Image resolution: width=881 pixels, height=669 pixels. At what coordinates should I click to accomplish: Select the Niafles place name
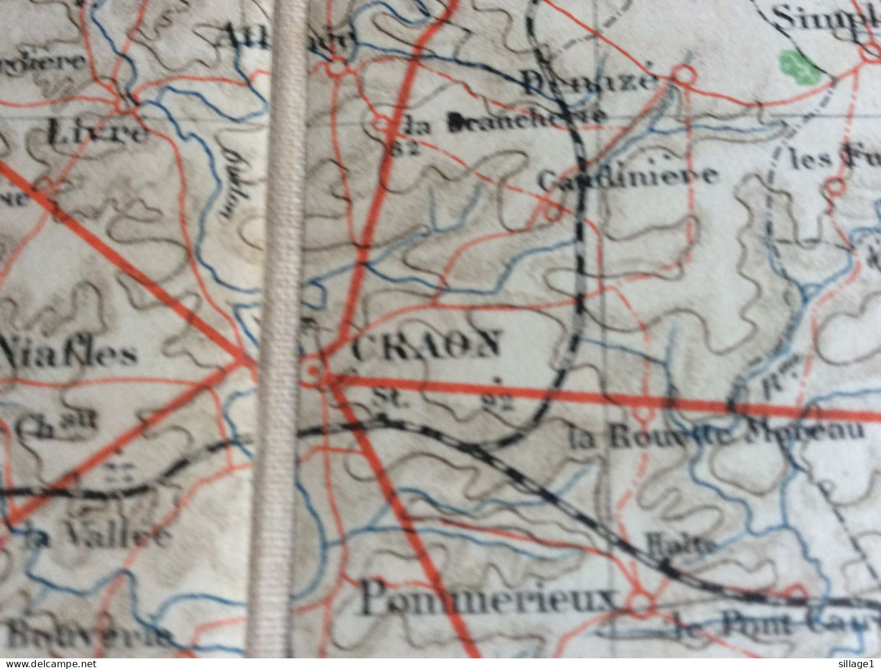point(71,354)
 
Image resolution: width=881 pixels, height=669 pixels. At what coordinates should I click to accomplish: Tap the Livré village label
point(96,133)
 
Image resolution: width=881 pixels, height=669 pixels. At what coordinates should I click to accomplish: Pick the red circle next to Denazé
point(685,75)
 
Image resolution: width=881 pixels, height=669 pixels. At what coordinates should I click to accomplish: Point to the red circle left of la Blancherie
point(381,124)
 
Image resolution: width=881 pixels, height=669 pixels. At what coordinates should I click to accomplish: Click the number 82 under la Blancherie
point(405,148)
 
